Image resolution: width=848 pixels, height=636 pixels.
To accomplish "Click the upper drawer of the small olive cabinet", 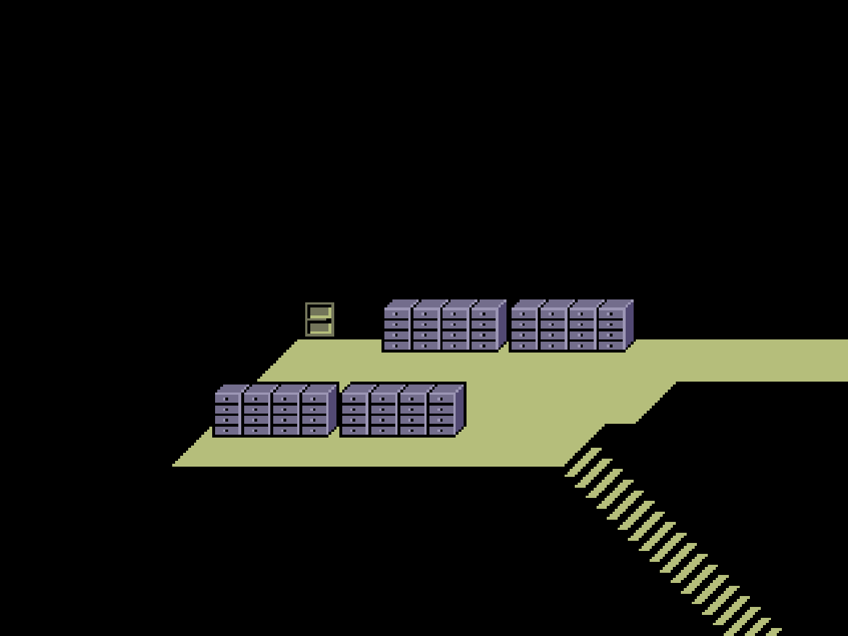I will (320, 313).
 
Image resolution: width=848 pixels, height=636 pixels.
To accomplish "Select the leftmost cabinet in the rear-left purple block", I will (397, 329).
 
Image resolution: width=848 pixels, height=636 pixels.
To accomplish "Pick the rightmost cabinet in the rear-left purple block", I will (484, 329).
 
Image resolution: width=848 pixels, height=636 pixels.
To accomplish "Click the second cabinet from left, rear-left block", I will (426, 329).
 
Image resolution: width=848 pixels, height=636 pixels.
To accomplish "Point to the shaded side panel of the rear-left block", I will (502, 325).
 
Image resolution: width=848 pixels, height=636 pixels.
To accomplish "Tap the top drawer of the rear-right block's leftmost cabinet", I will (524, 314).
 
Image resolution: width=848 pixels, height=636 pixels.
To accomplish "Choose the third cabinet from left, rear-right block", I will (582, 329).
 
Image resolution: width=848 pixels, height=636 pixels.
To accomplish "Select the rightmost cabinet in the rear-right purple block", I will (611, 329).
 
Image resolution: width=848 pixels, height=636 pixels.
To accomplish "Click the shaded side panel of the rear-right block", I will (629, 325).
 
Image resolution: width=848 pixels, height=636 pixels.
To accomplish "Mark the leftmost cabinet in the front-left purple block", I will (227, 414).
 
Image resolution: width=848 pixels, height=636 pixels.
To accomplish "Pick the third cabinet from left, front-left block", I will (286, 414).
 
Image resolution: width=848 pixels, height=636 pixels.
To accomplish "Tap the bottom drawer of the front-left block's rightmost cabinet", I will (315, 430).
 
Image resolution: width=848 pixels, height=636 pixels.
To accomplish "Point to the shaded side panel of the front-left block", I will (333, 409).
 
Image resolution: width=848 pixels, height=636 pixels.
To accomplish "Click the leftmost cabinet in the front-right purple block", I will (355, 414).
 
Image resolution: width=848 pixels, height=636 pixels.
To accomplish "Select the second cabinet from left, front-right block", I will (384, 414).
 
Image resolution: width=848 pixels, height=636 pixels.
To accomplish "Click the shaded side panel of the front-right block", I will (460, 409).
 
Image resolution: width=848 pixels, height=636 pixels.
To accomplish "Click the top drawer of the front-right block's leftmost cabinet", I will (355, 398).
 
